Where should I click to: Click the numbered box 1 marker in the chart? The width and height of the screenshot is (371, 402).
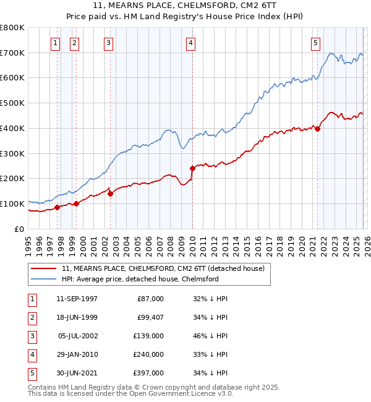(x=56, y=43)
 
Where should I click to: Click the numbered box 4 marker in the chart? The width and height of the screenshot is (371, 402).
(x=190, y=43)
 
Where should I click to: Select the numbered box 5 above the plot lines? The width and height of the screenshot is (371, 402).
(x=315, y=43)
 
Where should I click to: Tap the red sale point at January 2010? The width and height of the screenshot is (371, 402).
(x=192, y=168)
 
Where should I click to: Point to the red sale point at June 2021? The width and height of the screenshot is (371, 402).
(x=318, y=129)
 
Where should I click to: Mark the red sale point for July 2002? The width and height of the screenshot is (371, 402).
(x=110, y=194)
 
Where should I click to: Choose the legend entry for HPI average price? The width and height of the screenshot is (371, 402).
(x=140, y=279)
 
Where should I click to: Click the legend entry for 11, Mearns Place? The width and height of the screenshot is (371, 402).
(x=163, y=268)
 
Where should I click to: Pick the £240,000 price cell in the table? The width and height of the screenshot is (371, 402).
(x=148, y=354)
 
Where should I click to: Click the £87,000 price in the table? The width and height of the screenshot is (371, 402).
(x=150, y=299)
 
